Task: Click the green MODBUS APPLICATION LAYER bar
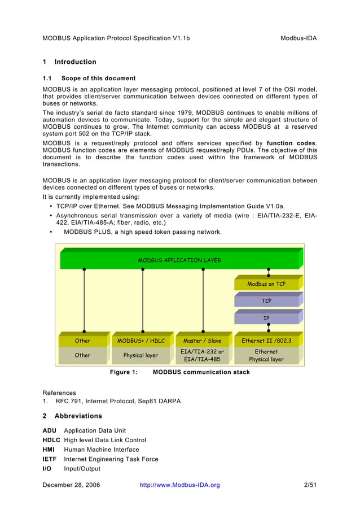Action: (x=179, y=260)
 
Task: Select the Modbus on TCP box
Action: (x=266, y=284)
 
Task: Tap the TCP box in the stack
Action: (x=266, y=301)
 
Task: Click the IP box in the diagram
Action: (x=266, y=318)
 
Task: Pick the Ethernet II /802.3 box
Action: (x=266, y=341)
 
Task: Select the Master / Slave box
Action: (x=202, y=341)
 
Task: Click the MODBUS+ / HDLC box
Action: (x=141, y=341)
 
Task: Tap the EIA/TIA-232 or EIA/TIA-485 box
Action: (x=202, y=355)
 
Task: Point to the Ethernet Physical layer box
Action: (x=266, y=355)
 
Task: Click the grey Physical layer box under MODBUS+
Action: (x=141, y=355)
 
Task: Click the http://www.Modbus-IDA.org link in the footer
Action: (x=179, y=485)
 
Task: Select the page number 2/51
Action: (x=310, y=485)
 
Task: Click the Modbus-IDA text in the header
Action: (x=298, y=38)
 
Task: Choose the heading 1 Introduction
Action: (x=69, y=62)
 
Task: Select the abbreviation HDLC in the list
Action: (x=51, y=440)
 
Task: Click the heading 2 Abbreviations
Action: (x=72, y=416)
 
